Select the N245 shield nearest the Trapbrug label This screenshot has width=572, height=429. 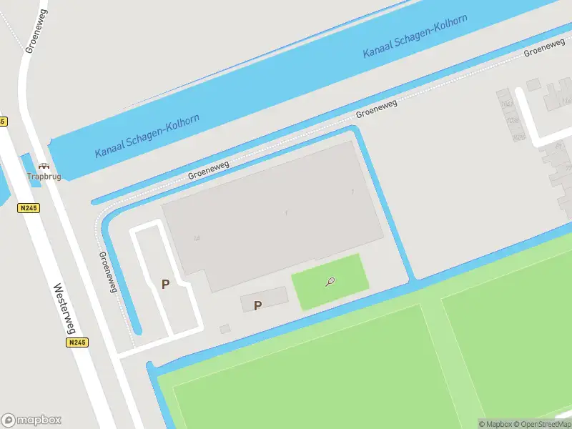tap(29, 208)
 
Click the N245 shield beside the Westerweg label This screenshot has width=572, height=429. tap(77, 343)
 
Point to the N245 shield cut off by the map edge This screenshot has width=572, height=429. tap(2, 122)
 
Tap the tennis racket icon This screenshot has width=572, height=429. tap(330, 282)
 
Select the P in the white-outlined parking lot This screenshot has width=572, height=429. tap(165, 284)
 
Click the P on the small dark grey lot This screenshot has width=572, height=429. tap(258, 305)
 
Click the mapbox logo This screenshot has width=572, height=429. tap(31, 420)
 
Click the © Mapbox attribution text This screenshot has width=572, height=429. tap(495, 424)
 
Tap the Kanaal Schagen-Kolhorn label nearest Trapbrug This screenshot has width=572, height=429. tap(147, 136)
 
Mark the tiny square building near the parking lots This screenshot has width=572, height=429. tap(225, 329)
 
